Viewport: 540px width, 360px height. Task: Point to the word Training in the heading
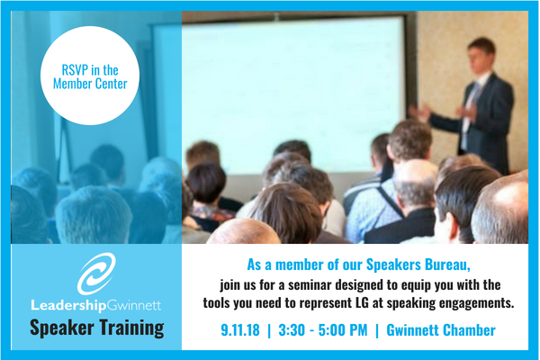[126, 326]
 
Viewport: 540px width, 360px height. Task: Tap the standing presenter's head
[481, 52]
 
